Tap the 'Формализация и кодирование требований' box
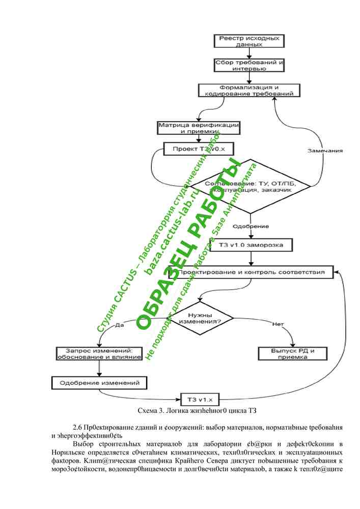pyautogui.click(x=249, y=90)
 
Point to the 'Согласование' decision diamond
pyautogui.click(x=250, y=186)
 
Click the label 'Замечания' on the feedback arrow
pyautogui.click(x=325, y=151)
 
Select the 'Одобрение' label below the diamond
pyautogui.click(x=251, y=225)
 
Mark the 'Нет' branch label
pyautogui.click(x=278, y=324)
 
